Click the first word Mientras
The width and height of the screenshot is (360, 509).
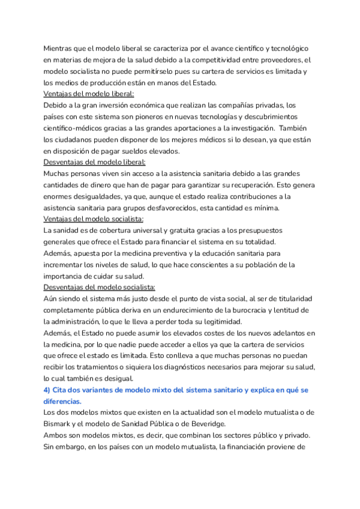coord(60,48)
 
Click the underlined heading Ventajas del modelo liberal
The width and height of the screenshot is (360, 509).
coord(89,94)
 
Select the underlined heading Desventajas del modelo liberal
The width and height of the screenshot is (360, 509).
coord(95,162)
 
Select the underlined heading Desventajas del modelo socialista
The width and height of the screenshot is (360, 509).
coord(100,288)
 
